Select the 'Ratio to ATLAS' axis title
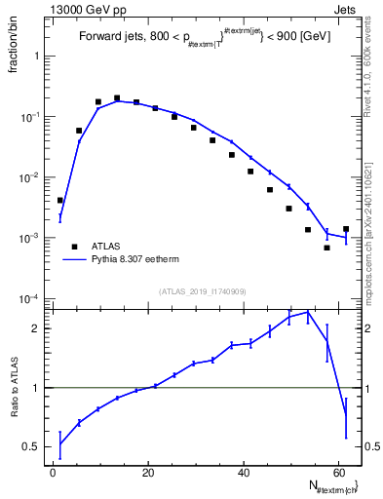(x=15, y=388)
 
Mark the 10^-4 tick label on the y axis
(x=31, y=298)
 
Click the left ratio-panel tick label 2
(x=36, y=328)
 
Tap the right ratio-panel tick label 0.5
(x=369, y=446)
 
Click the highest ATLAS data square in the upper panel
(x=117, y=97)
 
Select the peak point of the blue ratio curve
(x=308, y=312)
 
